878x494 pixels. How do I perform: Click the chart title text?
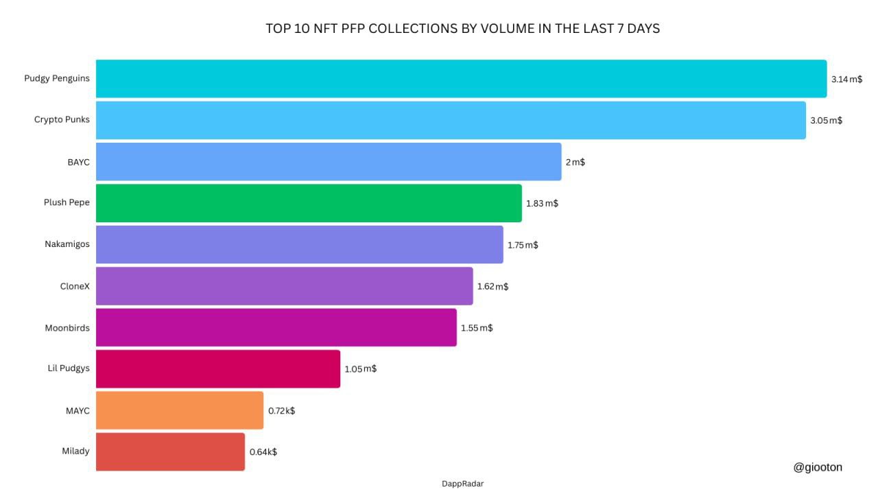pyautogui.click(x=462, y=29)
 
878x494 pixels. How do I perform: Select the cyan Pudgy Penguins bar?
pyautogui.click(x=461, y=79)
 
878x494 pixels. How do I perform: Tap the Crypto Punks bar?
pyautogui.click(x=451, y=120)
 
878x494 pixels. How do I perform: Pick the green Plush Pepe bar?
pyautogui.click(x=309, y=203)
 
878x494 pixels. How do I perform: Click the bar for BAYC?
pyautogui.click(x=329, y=162)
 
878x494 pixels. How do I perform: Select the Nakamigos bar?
pyautogui.click(x=299, y=244)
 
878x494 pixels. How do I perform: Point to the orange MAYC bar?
pyautogui.click(x=180, y=410)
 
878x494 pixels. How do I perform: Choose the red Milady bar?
pyautogui.click(x=170, y=451)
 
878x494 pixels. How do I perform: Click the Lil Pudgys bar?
pyautogui.click(x=218, y=369)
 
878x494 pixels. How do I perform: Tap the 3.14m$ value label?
pyautogui.click(x=846, y=80)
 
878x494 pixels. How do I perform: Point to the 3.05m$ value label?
pyautogui.click(x=826, y=121)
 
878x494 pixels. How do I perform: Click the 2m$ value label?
pyautogui.click(x=575, y=163)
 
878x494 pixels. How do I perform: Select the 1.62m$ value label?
pyautogui.click(x=493, y=286)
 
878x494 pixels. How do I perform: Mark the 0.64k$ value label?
pyautogui.click(x=263, y=452)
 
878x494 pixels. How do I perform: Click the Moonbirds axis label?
pyautogui.click(x=67, y=328)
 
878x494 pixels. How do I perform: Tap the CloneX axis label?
pyautogui.click(x=75, y=286)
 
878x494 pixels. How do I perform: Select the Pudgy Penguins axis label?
pyautogui.click(x=57, y=78)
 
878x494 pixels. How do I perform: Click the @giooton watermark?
pyautogui.click(x=818, y=467)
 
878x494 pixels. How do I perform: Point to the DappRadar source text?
pyautogui.click(x=462, y=484)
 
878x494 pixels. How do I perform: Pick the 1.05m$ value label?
pyautogui.click(x=360, y=369)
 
